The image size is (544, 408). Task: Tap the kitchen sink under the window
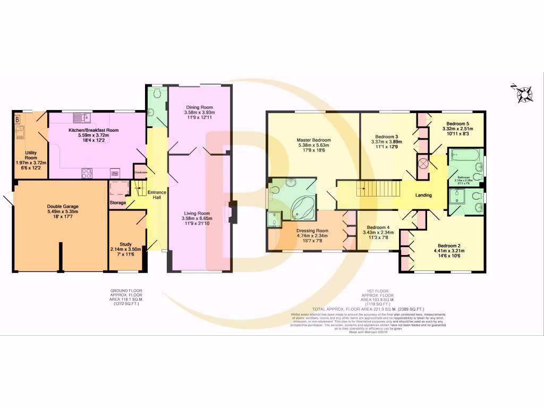click(x=82, y=118)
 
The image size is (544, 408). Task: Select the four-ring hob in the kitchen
click(x=87, y=173)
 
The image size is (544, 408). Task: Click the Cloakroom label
click(x=141, y=172)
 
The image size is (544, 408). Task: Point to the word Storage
click(x=118, y=203)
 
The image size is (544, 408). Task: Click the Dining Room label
click(x=199, y=107)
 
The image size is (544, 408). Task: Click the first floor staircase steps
click(x=375, y=188)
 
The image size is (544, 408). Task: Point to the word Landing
click(x=423, y=195)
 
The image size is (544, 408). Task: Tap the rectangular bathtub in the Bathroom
click(x=464, y=156)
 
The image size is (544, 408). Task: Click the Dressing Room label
click(x=312, y=231)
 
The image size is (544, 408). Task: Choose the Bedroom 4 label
click(x=378, y=227)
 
